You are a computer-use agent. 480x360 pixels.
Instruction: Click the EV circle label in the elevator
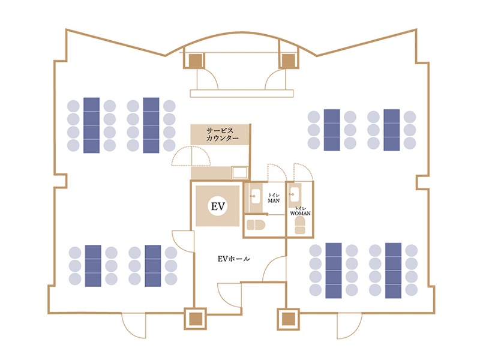coord(218,206)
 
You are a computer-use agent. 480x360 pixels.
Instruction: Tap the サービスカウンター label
coord(222,134)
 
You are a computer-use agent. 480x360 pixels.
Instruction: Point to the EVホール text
coord(234,259)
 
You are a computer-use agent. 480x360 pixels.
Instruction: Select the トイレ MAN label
coord(274,198)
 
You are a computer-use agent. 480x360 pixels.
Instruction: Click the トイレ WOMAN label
coord(300,211)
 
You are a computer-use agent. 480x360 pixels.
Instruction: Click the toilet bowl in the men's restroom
coord(256,225)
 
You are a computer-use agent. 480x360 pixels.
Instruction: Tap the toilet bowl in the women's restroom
coord(300,226)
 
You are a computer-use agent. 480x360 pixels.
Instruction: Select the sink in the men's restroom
coord(255,196)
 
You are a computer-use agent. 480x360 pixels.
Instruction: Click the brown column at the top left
coord(196,61)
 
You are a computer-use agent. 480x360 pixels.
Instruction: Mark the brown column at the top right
coord(288,61)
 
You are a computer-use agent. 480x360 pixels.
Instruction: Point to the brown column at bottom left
coord(196,319)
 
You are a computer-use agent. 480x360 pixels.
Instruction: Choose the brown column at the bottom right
coord(288,319)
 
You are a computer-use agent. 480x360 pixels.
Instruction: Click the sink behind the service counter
coord(239,173)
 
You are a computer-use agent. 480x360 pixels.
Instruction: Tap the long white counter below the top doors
coord(242,94)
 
